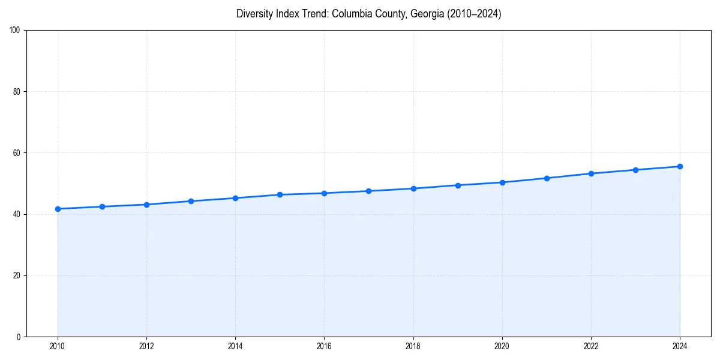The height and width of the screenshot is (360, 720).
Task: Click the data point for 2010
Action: pos(58,209)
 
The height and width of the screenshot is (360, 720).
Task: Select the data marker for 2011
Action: pos(102,206)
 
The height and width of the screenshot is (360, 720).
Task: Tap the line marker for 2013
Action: pos(191,201)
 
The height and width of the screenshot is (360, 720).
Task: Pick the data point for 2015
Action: pos(280,194)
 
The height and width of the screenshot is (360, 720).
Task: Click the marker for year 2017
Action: pos(368,191)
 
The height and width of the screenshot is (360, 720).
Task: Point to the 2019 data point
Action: pos(458,185)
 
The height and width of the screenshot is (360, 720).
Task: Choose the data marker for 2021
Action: pos(547,178)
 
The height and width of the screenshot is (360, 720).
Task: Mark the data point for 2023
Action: pos(635,170)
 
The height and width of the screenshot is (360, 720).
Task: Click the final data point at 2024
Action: pos(680,166)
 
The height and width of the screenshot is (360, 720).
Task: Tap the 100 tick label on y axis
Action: pos(15,30)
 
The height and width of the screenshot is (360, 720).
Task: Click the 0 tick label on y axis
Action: pos(19,337)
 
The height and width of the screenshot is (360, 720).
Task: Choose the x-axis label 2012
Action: pos(146,346)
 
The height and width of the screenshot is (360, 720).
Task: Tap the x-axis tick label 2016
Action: pos(324,346)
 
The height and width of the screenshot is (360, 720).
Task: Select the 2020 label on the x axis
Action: pos(502,346)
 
